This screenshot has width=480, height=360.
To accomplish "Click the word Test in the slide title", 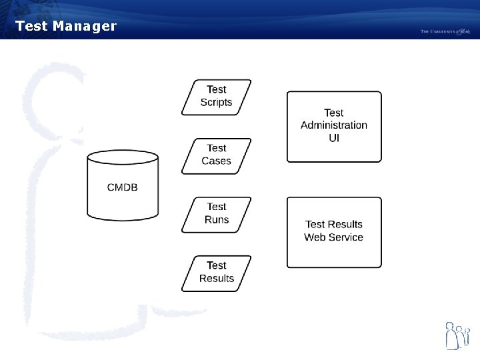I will (x=30, y=27).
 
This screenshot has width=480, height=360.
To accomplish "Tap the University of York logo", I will (x=445, y=31).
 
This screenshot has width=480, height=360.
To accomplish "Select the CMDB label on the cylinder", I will (x=123, y=187).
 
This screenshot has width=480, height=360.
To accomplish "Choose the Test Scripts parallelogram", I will (x=216, y=97).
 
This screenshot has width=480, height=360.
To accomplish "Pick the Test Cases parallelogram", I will (x=216, y=155).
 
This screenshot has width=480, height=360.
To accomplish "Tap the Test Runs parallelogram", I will (x=216, y=214).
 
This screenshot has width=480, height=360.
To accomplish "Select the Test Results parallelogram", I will (x=216, y=273).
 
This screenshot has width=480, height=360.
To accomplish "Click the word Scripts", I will (x=216, y=103).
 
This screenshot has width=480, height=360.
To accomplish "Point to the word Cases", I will (x=216, y=161).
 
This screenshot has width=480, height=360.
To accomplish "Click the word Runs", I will (x=217, y=220).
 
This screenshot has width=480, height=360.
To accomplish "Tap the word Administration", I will (x=334, y=125).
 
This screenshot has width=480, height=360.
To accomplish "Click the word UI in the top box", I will (x=334, y=138).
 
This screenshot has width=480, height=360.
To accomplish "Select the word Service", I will (x=346, y=237).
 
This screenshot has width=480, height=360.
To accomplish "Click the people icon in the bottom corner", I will (x=457, y=335).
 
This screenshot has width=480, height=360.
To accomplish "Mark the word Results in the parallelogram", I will (x=217, y=279).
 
